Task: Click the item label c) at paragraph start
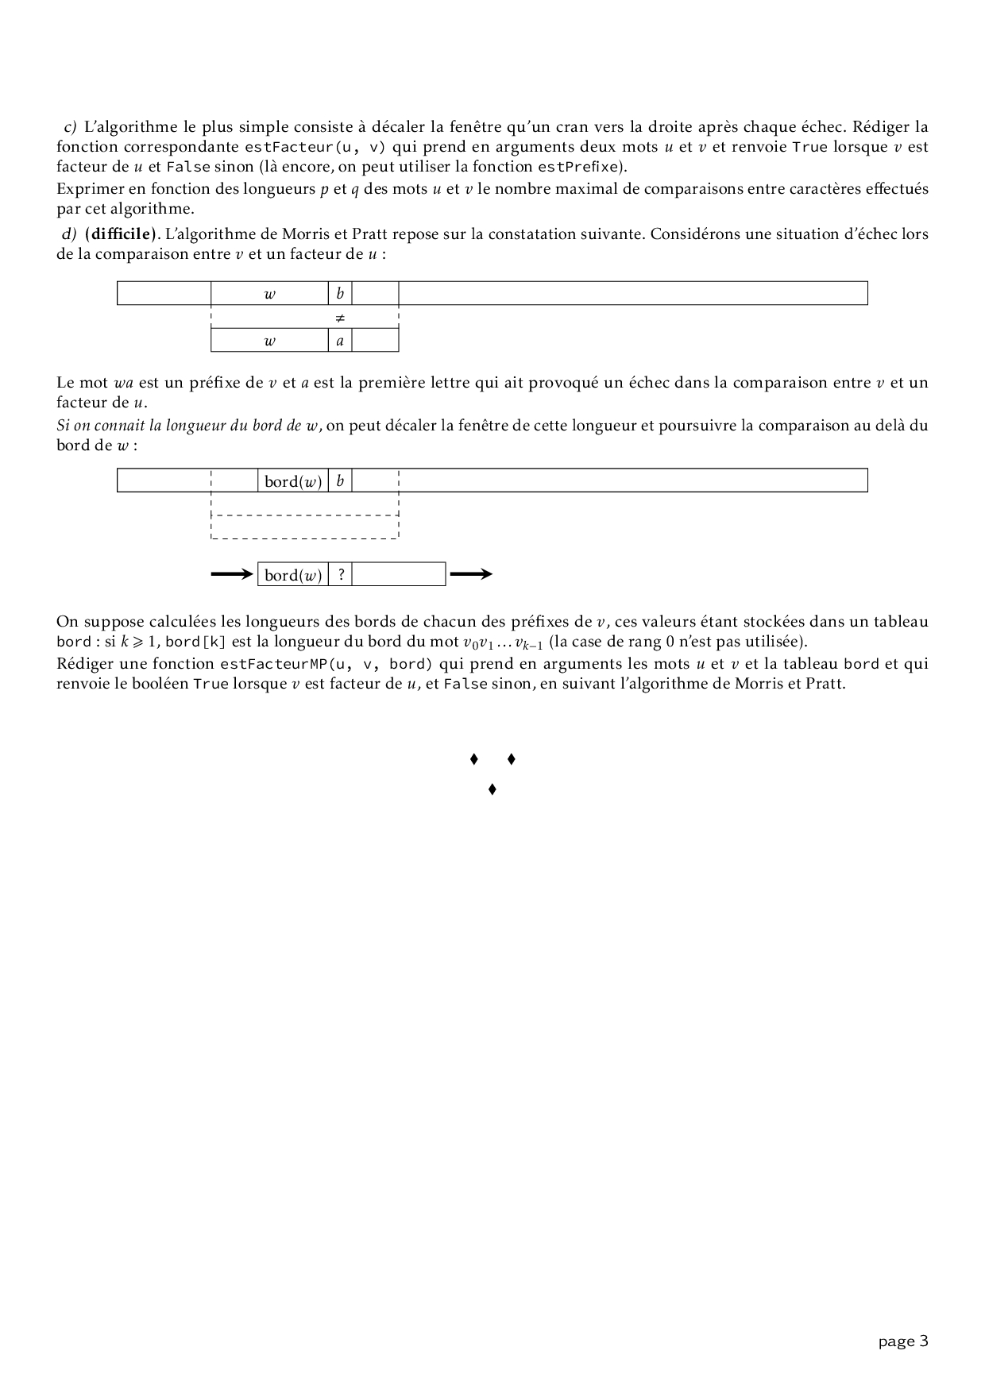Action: coord(69,127)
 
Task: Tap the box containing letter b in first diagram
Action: coord(340,293)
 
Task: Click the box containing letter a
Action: coord(340,341)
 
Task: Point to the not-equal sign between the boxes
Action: coord(340,318)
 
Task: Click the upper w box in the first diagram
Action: coord(269,293)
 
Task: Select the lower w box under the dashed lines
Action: coord(269,341)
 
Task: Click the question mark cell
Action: coord(340,575)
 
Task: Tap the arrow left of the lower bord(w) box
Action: coord(231,574)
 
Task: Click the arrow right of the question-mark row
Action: coord(471,574)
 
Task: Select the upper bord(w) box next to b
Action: coord(293,481)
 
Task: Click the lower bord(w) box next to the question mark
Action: coord(293,575)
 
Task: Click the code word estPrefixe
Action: coord(577,167)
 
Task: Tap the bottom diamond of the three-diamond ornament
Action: coord(492,789)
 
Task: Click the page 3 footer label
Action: coord(903,1342)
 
